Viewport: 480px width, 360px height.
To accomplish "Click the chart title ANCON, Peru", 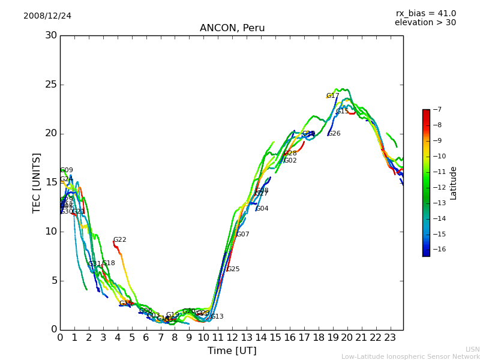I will point(232,28).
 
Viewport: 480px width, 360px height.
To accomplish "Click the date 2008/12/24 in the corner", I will point(47,16).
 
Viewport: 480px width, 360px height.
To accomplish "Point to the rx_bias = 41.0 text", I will point(425,13).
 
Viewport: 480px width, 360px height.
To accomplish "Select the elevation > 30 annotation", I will point(425,23).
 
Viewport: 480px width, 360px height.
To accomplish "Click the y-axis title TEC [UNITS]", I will point(37,182).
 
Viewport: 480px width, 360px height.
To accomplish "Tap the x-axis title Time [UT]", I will point(232,350).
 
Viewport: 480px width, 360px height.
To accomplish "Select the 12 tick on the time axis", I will point(232,337).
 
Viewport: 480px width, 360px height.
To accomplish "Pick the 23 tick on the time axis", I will point(390,337).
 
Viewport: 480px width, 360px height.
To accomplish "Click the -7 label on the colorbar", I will point(437,110).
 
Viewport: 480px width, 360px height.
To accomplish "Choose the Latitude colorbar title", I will point(454,183).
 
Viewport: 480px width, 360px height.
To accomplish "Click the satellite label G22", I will point(120,240).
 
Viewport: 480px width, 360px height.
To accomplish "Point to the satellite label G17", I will point(333,96).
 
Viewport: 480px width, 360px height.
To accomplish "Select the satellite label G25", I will point(233,269).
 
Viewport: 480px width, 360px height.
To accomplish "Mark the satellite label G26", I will point(334,134).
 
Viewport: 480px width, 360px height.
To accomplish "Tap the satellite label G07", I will point(243,235).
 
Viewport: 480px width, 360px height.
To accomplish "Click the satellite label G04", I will point(262,209).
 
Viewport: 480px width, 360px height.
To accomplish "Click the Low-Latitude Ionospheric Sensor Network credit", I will point(410,356).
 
